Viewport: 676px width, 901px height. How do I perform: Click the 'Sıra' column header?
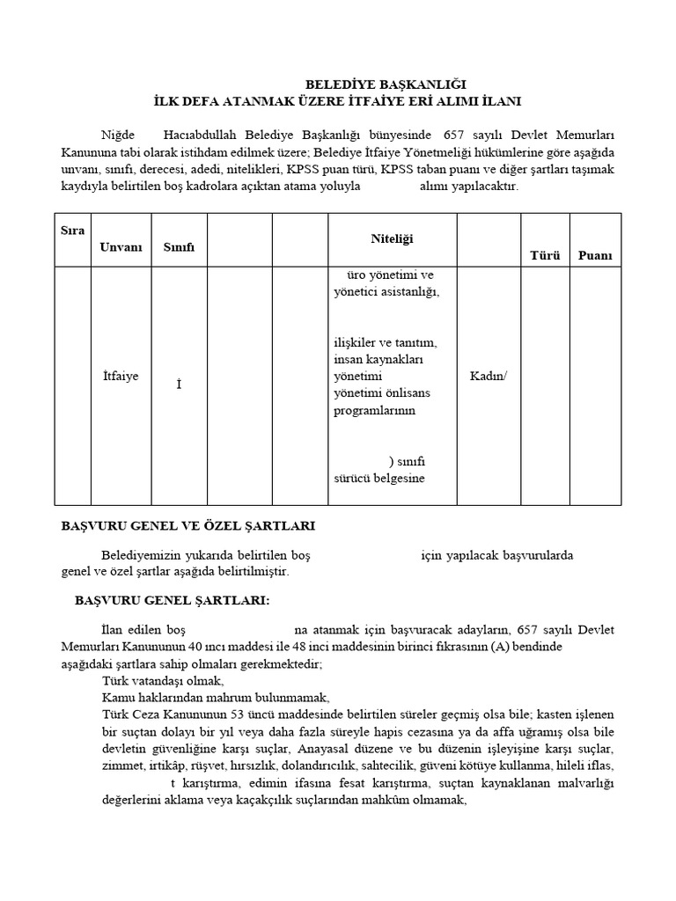coord(72,231)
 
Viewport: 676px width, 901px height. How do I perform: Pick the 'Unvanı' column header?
coord(121,247)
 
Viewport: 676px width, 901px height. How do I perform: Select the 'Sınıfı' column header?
coord(179,247)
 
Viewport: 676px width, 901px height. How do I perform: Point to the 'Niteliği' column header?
coord(392,238)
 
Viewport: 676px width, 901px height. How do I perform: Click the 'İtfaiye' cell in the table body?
coord(121,376)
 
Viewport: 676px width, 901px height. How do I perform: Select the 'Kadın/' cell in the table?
coord(489,376)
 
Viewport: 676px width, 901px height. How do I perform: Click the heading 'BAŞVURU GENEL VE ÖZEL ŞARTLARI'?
coord(187,525)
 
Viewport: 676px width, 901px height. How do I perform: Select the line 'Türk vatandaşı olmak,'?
coord(164,681)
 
